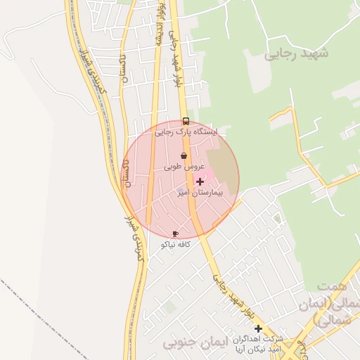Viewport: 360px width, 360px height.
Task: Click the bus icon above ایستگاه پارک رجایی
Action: click(x=186, y=121)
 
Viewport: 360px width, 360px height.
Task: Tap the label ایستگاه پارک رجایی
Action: click(x=186, y=131)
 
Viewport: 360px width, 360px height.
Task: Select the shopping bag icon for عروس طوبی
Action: click(x=184, y=156)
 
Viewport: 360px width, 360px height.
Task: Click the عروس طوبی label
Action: click(x=184, y=167)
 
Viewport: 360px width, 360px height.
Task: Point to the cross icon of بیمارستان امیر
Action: click(x=200, y=181)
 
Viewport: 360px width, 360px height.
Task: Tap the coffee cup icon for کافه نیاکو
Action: click(x=175, y=233)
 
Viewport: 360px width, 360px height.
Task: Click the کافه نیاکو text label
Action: click(x=176, y=244)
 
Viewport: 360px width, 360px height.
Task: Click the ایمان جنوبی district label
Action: click(x=191, y=343)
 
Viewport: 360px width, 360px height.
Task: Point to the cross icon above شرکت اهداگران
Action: click(x=258, y=328)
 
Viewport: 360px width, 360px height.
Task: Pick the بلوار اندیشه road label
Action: click(x=160, y=28)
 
